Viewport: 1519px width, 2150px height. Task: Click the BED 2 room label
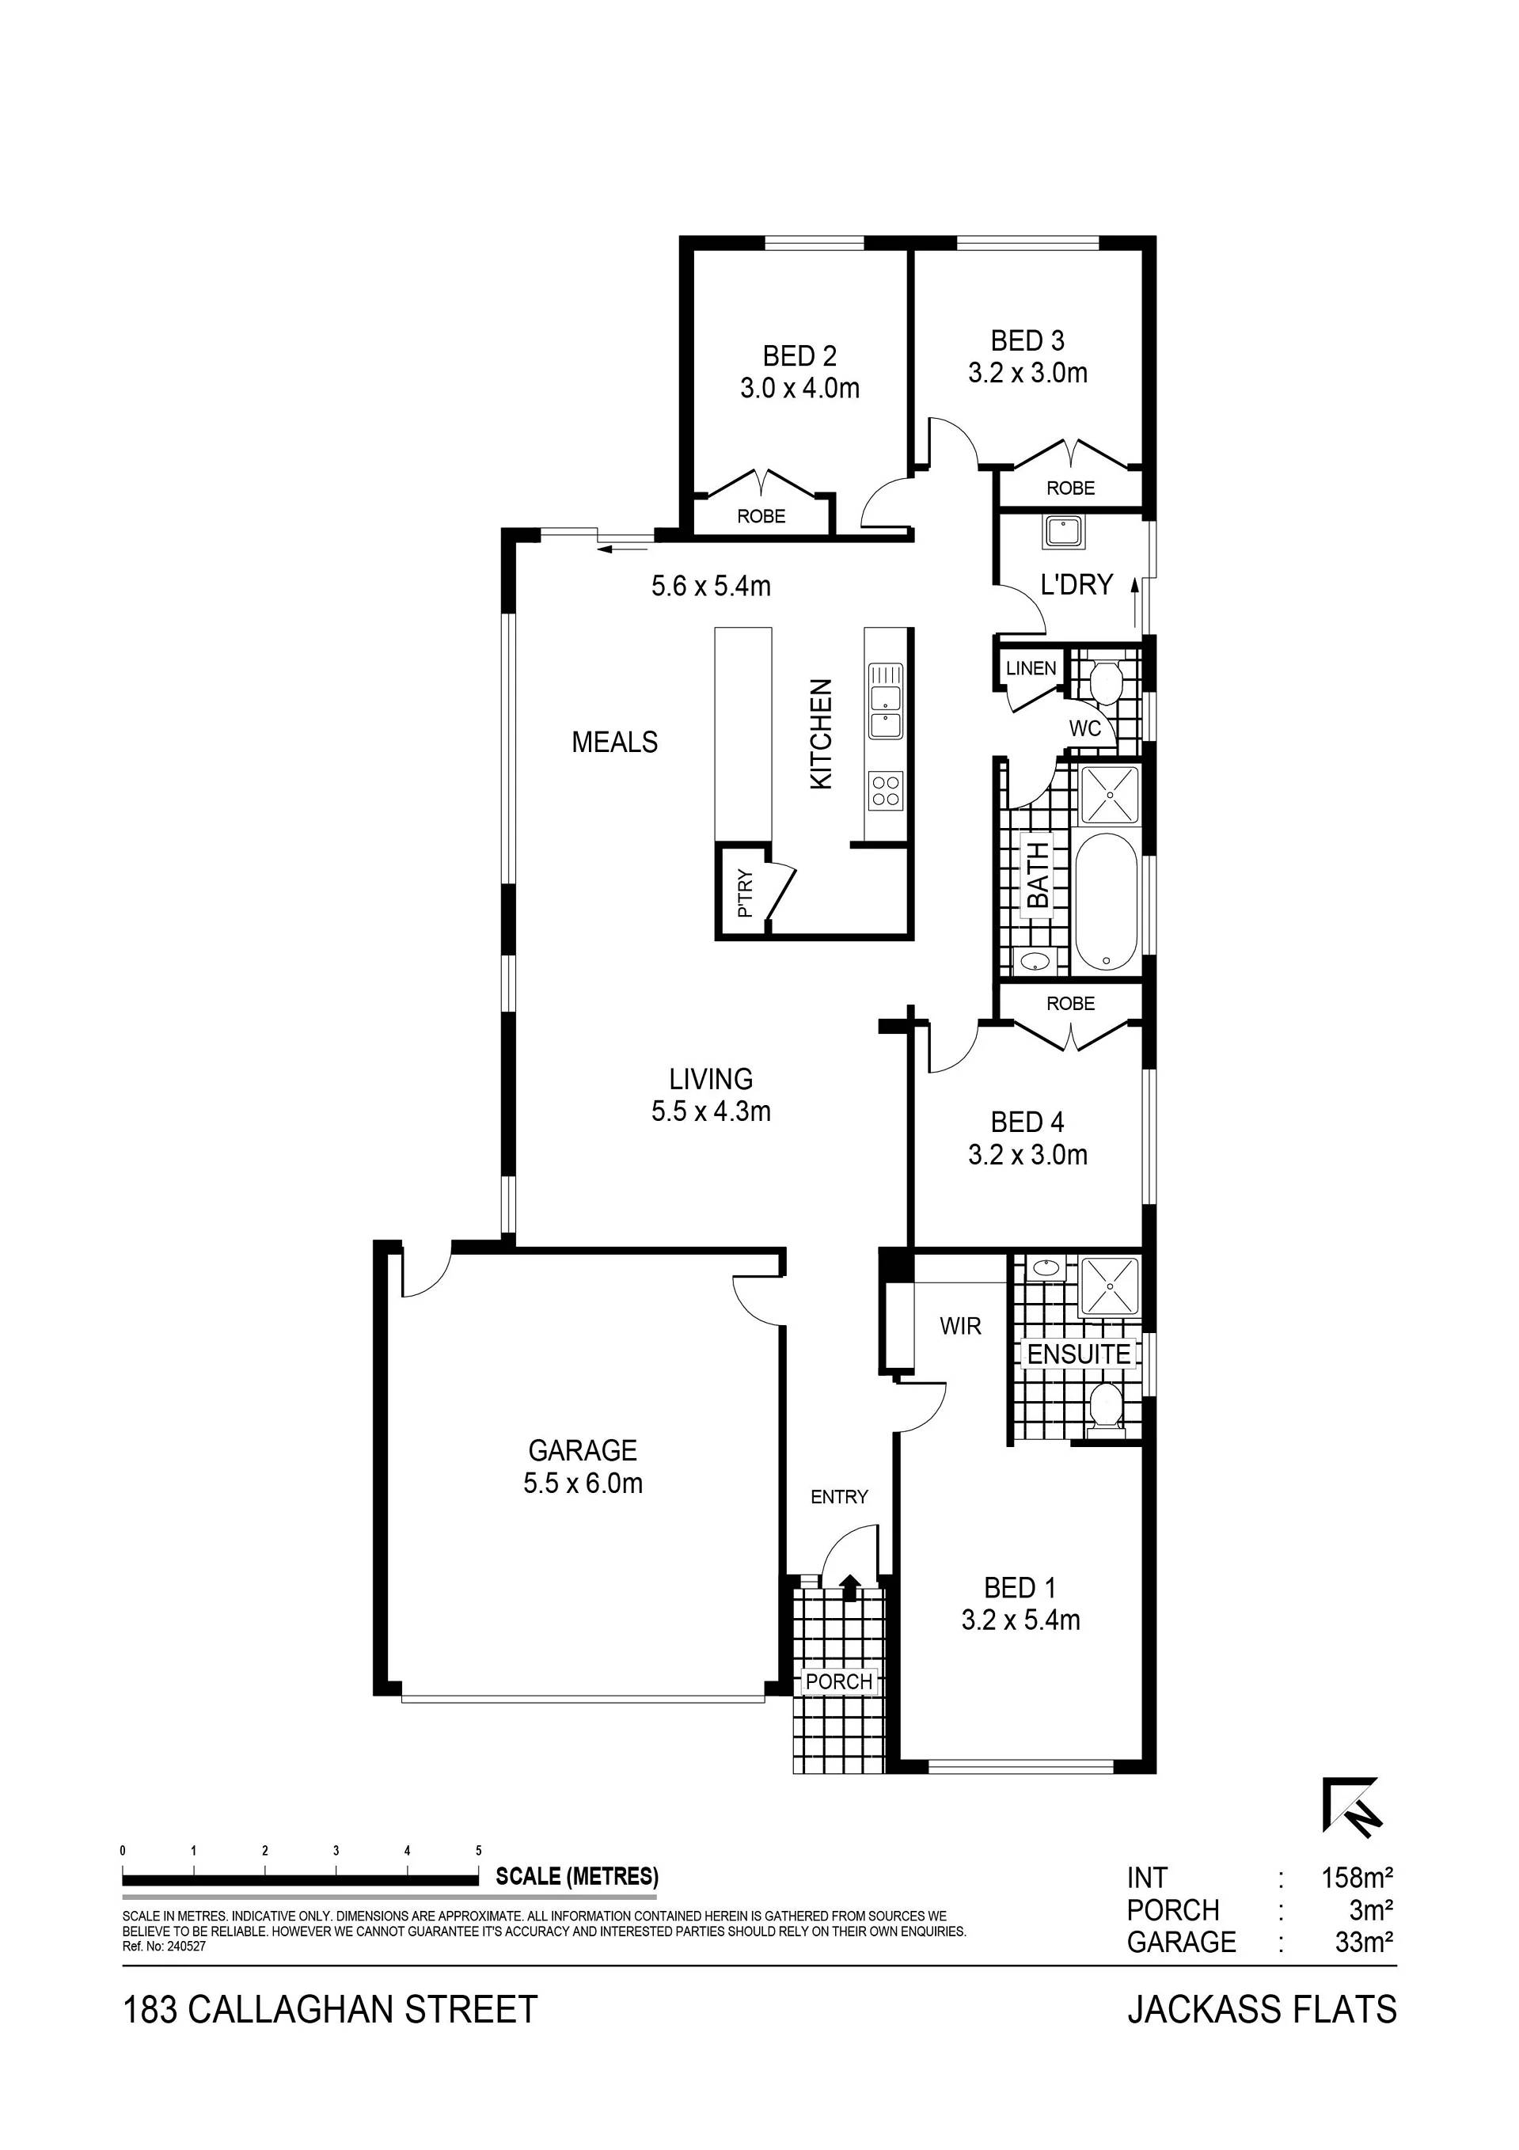[799, 356]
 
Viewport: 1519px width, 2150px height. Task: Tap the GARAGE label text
[583, 1450]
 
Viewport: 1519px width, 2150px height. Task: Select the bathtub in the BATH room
[1107, 902]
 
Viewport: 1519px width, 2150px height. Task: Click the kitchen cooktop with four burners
[886, 788]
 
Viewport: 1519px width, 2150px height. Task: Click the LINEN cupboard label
[1031, 669]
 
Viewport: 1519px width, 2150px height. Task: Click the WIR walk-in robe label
[961, 1325]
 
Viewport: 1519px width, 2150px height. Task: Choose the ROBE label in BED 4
[1070, 1003]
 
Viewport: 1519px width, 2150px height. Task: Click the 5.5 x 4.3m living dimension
[711, 1111]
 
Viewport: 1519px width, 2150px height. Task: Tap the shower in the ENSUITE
[1110, 1286]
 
